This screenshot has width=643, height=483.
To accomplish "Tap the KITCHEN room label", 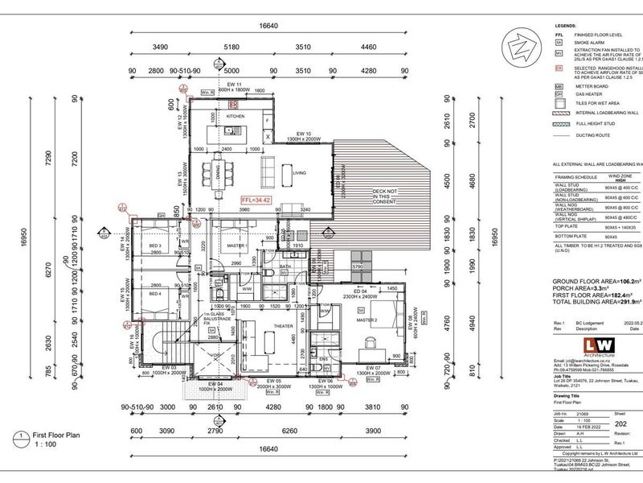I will [235, 117].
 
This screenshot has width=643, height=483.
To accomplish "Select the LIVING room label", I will [299, 172].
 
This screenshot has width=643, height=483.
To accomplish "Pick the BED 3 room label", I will [155, 246].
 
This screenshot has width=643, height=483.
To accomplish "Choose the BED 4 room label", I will [155, 295].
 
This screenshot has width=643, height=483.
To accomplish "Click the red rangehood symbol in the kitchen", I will [234, 105].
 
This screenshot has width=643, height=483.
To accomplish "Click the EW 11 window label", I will [234, 85].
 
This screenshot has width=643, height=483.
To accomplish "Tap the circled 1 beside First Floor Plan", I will [18, 439].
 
